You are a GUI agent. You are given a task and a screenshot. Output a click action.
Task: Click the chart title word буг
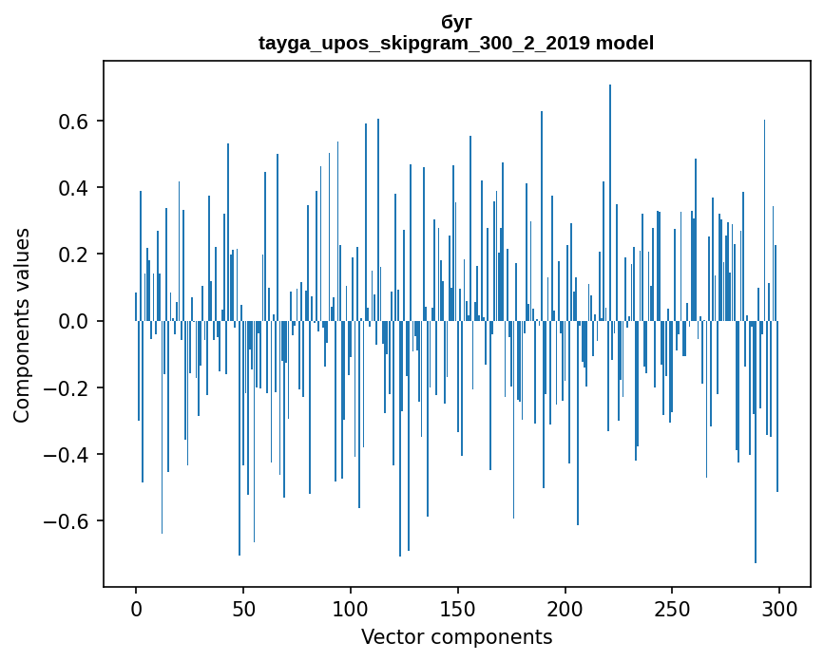[x=456, y=22]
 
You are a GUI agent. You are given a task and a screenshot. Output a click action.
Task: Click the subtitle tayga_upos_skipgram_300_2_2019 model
[x=456, y=43]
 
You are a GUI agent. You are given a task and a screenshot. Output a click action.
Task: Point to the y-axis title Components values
[x=22, y=325]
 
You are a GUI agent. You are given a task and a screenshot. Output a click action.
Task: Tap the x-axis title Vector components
[x=456, y=636]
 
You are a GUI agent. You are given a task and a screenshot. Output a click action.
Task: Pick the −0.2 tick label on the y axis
[x=69, y=387]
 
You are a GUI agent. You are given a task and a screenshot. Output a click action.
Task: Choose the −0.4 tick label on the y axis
[x=69, y=454]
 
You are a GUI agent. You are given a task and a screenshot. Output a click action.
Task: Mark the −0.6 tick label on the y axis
[x=69, y=520]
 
